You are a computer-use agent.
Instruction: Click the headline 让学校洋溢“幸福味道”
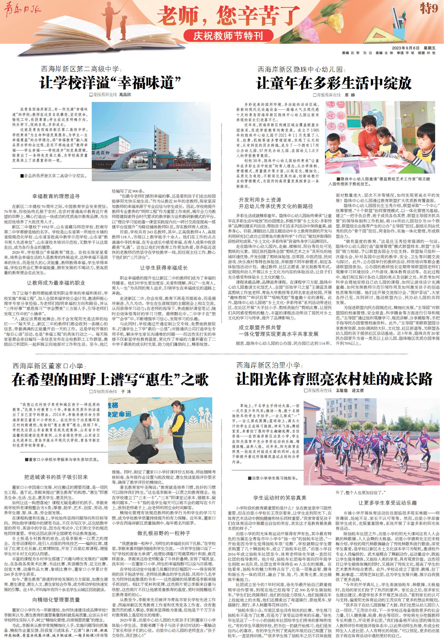tap(110, 83)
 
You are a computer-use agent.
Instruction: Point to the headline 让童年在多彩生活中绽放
tap(334, 83)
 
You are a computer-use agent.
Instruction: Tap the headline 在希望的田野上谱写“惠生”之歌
tap(110, 380)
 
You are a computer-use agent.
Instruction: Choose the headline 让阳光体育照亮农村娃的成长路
tap(334, 380)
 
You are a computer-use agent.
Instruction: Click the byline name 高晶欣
tap(125, 95)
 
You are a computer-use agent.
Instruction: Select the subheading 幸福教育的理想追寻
tap(56, 196)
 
